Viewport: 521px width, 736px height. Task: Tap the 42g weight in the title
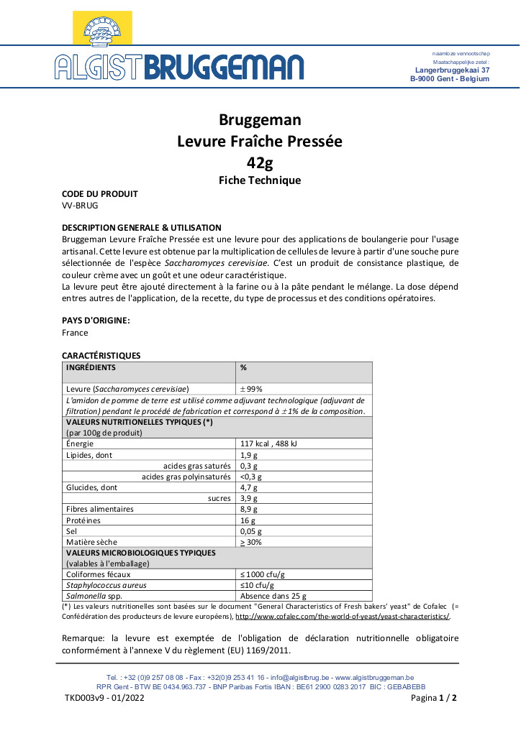click(x=260, y=161)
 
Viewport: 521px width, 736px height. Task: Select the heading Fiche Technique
click(x=260, y=180)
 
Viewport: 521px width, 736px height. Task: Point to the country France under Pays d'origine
click(x=76, y=333)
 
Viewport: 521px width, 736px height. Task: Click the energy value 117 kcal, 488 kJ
click(x=268, y=443)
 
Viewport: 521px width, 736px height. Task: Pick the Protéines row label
click(x=83, y=520)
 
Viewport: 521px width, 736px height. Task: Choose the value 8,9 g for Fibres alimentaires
click(x=249, y=509)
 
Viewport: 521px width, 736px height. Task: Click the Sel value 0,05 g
click(x=251, y=530)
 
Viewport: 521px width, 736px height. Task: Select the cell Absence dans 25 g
click(x=273, y=596)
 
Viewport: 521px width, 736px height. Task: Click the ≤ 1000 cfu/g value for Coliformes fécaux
click(x=263, y=574)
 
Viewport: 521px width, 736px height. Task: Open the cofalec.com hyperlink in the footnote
click(x=343, y=617)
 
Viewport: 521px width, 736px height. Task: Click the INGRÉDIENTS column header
click(x=91, y=367)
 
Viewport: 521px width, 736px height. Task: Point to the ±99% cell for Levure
click(x=251, y=389)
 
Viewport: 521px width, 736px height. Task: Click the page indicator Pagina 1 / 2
click(x=434, y=697)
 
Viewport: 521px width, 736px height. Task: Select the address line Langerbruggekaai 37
click(x=453, y=70)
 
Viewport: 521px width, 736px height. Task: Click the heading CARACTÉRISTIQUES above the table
click(x=101, y=355)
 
